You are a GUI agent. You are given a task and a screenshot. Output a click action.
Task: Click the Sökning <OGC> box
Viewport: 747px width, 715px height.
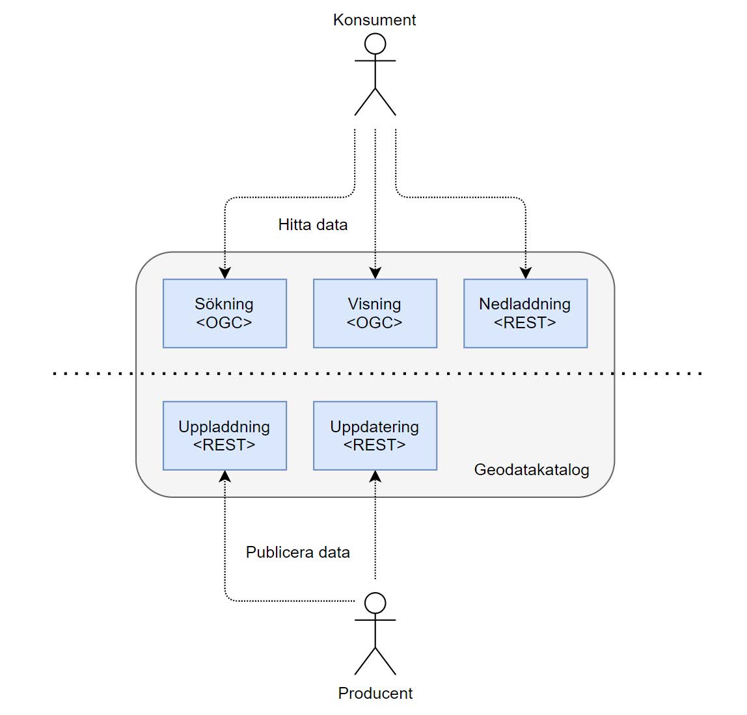pyautogui.click(x=225, y=313)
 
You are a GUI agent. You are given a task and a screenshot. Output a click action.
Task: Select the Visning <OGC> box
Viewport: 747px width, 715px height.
pyautogui.click(x=375, y=313)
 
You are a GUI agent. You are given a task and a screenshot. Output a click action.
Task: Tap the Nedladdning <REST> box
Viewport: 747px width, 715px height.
pyautogui.click(x=526, y=313)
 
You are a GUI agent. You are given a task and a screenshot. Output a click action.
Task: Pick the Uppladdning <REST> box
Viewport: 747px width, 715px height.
pyautogui.click(x=225, y=435)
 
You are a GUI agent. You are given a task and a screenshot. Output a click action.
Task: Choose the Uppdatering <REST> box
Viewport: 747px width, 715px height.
pyautogui.click(x=375, y=435)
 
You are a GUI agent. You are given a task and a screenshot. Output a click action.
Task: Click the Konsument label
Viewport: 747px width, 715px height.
pyautogui.click(x=374, y=20)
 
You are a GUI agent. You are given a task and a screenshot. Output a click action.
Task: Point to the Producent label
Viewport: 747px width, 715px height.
pyautogui.click(x=375, y=693)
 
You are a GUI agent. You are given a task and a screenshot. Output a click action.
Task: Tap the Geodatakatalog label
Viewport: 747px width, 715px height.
pyautogui.click(x=532, y=470)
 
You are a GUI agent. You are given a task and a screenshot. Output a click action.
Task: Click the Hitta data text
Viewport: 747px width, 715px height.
pyautogui.click(x=313, y=225)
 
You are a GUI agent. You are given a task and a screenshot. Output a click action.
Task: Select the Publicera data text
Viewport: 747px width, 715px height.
pyautogui.click(x=298, y=552)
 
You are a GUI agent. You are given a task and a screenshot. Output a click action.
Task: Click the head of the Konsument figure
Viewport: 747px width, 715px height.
pyautogui.click(x=375, y=44)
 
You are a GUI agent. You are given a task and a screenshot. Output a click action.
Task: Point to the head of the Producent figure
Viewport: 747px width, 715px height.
pyautogui.click(x=375, y=603)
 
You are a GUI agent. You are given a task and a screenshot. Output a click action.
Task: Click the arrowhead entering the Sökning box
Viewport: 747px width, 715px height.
pyautogui.click(x=225, y=273)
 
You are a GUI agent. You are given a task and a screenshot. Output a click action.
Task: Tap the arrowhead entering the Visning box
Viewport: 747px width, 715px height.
pyautogui.click(x=375, y=273)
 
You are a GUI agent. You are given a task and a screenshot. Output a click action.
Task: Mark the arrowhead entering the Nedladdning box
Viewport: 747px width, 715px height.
pyautogui.click(x=526, y=273)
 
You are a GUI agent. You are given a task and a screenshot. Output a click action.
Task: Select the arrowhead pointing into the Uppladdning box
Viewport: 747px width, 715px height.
pyautogui.click(x=225, y=476)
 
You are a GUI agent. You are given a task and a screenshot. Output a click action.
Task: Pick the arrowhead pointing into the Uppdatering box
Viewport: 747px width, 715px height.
pyautogui.click(x=375, y=476)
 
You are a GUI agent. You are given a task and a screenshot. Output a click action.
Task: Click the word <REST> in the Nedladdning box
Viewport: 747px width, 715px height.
pyautogui.click(x=525, y=323)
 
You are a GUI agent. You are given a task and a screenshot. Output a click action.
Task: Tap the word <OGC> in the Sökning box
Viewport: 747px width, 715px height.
pyautogui.click(x=224, y=323)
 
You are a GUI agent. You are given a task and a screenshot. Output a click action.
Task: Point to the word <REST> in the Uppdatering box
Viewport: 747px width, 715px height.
pyautogui.click(x=374, y=445)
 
